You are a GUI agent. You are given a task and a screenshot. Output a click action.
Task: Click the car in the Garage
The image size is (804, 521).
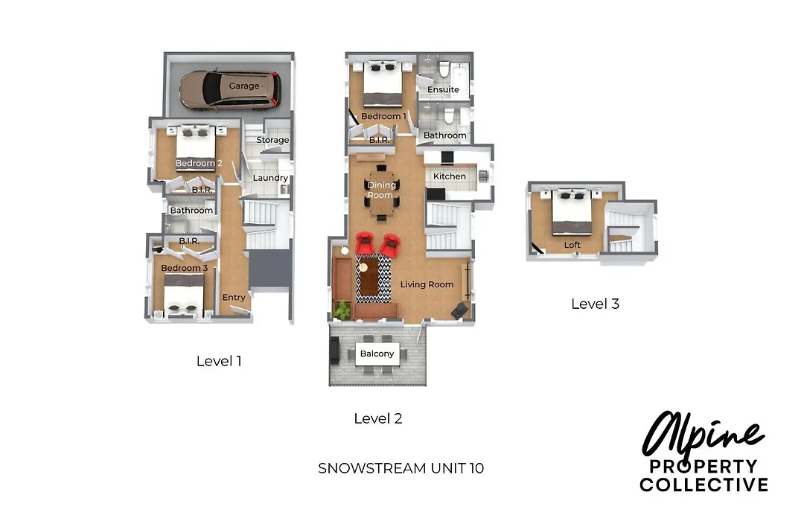230,90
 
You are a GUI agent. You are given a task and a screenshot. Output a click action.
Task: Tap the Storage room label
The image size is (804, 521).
272,140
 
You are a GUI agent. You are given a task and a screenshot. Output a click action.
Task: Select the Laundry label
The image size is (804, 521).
270,178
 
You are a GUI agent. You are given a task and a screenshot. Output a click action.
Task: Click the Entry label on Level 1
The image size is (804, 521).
234,298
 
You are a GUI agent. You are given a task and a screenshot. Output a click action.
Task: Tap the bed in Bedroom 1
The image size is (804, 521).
383,85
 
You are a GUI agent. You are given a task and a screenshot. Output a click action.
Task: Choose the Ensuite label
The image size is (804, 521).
443,90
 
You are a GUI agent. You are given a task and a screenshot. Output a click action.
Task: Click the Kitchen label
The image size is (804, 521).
449,176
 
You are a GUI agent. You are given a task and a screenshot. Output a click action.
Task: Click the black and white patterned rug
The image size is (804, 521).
374,278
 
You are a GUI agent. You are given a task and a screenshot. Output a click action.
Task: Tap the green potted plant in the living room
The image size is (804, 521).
342,310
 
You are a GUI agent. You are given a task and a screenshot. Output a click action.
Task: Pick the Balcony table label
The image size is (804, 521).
377,354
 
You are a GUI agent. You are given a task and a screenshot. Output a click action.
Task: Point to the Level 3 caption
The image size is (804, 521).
595,304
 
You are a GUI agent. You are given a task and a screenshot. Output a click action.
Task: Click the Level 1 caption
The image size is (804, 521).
219,361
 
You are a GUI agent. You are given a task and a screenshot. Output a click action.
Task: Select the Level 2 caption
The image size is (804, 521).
378,418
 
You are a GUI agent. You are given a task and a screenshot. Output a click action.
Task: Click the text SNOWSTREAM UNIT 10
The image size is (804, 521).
401,468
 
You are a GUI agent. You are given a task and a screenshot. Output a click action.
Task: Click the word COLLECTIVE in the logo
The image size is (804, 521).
704,485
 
